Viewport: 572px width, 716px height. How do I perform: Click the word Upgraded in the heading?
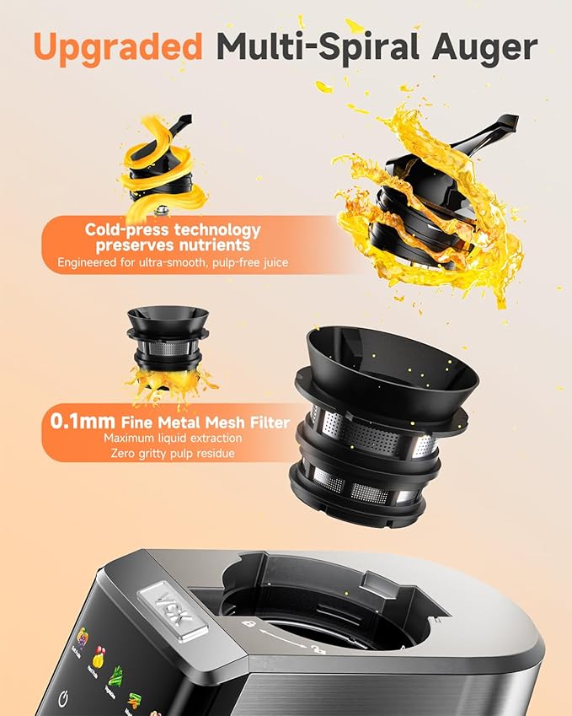pos(117,47)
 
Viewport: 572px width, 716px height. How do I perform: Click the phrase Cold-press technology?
pos(173,229)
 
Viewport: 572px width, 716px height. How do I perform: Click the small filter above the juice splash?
pos(164,337)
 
